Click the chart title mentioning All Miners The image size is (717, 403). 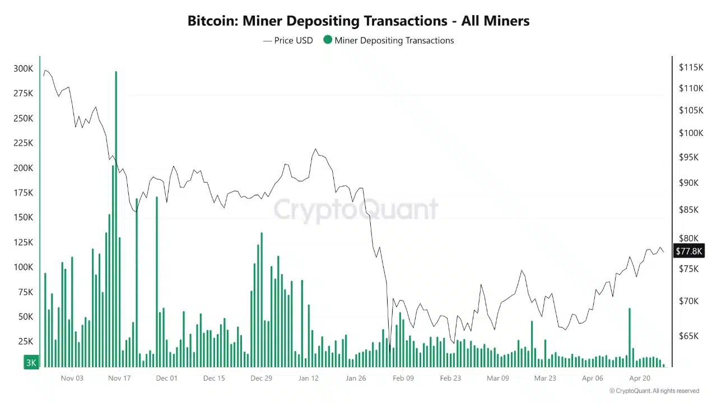[358, 21]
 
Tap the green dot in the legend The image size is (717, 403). [328, 40]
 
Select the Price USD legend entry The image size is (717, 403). [288, 40]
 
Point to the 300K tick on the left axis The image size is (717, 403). [23, 69]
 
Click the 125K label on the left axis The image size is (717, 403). [23, 242]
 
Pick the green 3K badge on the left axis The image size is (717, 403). [31, 363]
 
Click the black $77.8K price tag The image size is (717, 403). [688, 251]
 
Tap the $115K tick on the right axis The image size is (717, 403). [691, 67]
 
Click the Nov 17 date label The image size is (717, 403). [119, 378]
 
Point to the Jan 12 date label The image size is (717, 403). [309, 378]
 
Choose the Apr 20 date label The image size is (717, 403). [640, 378]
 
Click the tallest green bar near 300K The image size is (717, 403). [116, 218]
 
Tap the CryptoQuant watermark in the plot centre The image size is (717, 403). [356, 209]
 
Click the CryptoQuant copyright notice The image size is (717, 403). [654, 391]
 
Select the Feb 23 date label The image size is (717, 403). [450, 378]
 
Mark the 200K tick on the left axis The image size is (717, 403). [23, 168]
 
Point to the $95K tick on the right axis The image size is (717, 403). [689, 157]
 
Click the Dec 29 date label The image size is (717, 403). [261, 378]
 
